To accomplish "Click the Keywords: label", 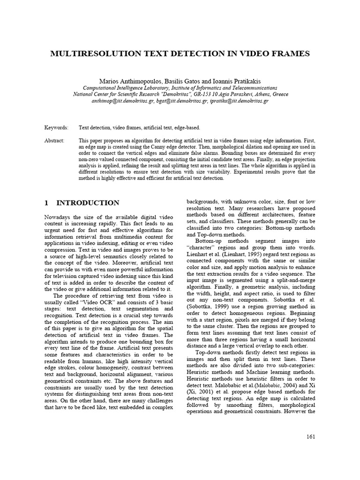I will (x=56, y=127).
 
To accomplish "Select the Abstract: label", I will (x=55, y=141).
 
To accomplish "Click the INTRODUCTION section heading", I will (x=88, y=203).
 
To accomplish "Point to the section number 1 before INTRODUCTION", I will (x=46, y=203).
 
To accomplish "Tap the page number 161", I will (x=310, y=437).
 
